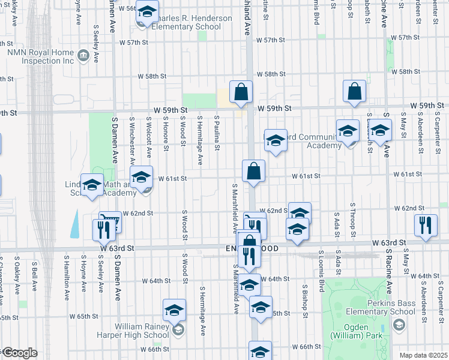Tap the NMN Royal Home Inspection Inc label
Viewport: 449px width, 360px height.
[x=40, y=56]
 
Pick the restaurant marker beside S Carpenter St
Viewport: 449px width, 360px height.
[x=426, y=226]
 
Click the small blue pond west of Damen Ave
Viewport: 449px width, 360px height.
[x=75, y=224]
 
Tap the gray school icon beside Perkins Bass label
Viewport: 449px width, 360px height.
[x=398, y=325]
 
